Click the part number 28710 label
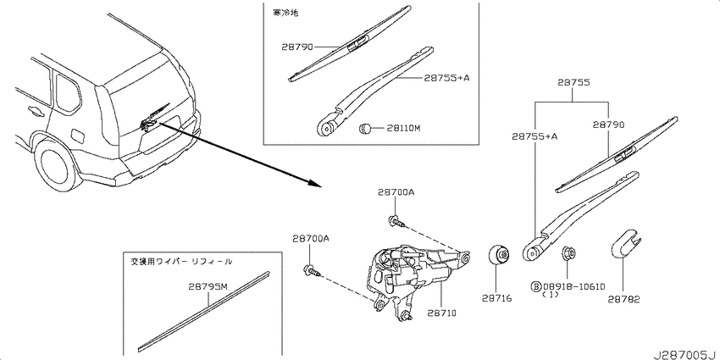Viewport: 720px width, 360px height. [x=441, y=313]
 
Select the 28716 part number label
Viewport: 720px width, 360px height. [x=497, y=298]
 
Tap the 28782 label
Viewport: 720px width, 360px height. [x=624, y=299]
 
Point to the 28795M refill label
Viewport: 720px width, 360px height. [x=208, y=287]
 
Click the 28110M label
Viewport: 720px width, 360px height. [x=403, y=128]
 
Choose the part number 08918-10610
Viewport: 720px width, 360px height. [x=574, y=286]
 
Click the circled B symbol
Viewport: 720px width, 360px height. [x=536, y=286]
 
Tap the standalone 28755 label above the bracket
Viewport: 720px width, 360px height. [x=574, y=83]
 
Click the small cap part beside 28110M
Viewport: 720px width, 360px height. [x=365, y=128]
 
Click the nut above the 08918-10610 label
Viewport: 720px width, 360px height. [x=568, y=253]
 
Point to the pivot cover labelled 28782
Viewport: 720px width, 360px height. [x=625, y=242]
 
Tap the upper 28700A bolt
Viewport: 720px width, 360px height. [x=397, y=222]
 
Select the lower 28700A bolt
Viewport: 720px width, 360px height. [x=313, y=271]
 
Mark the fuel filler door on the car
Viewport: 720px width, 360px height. [x=78, y=136]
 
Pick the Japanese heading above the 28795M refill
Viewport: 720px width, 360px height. [x=181, y=263]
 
